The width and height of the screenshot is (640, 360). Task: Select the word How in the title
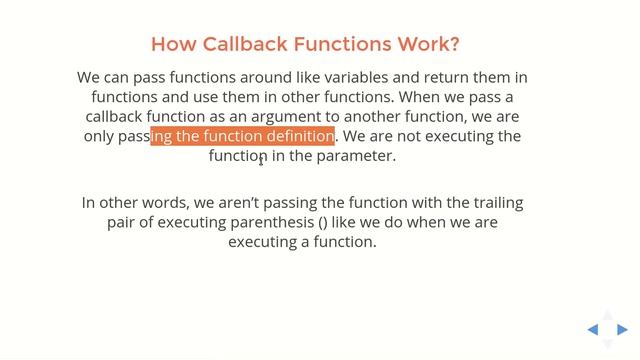(170, 44)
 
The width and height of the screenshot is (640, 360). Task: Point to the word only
(98, 136)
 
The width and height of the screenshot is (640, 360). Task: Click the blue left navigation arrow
(593, 329)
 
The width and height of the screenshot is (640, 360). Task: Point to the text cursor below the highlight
(262, 159)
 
